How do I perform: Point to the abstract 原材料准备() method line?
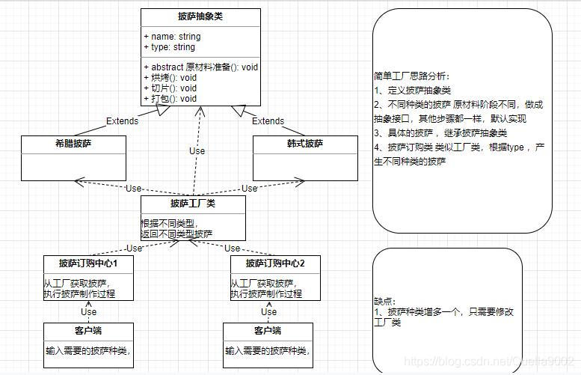tap(200, 67)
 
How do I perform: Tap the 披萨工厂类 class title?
tap(193, 204)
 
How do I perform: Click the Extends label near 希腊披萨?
tap(123, 121)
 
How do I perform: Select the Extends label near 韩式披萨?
tap(268, 121)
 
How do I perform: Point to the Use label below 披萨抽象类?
tap(197, 150)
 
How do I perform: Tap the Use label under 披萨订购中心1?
tap(88, 311)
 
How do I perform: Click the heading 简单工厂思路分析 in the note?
tap(412, 76)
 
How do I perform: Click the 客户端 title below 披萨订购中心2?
tap(267, 331)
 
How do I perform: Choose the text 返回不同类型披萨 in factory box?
tap(176, 234)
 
